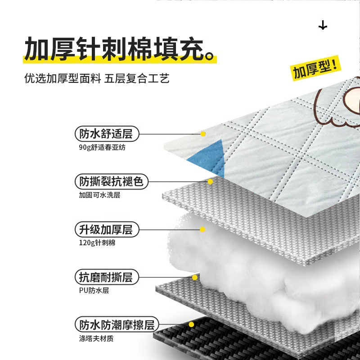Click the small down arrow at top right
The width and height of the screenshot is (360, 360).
point(323,26)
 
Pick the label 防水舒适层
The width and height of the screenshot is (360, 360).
point(107,134)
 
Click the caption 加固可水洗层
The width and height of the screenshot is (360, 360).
point(99,195)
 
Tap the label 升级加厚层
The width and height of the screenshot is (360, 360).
point(106,229)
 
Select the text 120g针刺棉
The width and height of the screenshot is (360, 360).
point(94,243)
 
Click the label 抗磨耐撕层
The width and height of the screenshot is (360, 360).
point(106,277)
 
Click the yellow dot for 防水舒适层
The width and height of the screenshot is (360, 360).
point(203,134)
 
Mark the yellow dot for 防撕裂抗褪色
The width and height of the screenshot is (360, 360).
point(210,182)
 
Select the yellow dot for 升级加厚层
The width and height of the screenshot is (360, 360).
point(202,229)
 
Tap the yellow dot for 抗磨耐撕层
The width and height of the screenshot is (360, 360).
point(194,277)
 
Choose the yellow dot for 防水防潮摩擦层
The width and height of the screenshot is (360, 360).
point(191,324)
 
